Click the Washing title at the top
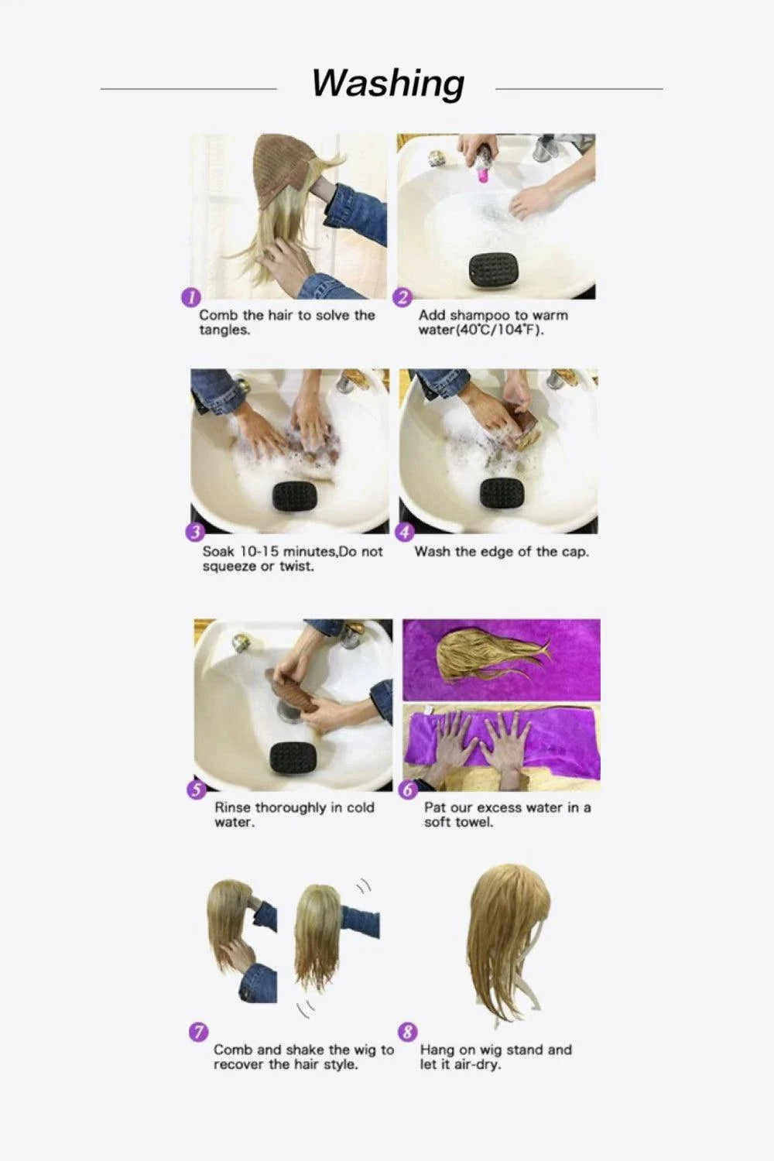(x=388, y=83)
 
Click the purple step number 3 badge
(x=194, y=533)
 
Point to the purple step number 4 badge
(x=405, y=533)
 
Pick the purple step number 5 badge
(x=197, y=789)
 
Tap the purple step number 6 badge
(x=408, y=789)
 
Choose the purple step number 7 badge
(x=198, y=1032)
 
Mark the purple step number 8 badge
(x=407, y=1032)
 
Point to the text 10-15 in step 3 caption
(x=259, y=552)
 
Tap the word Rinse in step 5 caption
(x=232, y=808)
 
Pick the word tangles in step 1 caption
(x=224, y=330)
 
